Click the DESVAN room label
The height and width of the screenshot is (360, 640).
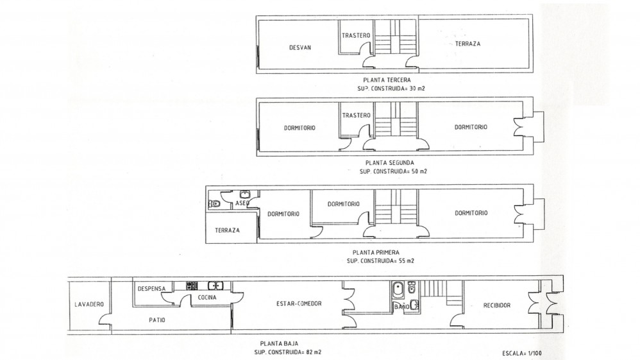coord(300,47)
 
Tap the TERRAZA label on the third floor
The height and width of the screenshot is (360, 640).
coord(467,43)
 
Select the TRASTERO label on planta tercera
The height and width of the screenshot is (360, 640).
coord(356,35)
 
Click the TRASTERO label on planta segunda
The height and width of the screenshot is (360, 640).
coord(356,116)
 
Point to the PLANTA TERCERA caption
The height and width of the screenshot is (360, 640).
coord(387,80)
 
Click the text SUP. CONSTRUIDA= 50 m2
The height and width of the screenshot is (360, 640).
coord(393,171)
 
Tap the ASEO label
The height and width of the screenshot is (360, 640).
coord(242,203)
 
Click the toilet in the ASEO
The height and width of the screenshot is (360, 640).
coord(215,203)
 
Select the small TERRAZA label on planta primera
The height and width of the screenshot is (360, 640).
coord(228,230)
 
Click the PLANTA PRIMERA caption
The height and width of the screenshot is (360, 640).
coord(376,253)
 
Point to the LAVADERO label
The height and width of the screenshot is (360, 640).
coord(89,304)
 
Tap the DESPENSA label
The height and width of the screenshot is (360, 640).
coord(151,289)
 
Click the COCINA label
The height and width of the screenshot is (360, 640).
coord(207,298)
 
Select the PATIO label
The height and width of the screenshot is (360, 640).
coord(157,320)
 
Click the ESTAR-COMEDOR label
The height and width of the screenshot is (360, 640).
coord(299,304)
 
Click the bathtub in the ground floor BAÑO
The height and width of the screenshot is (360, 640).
coord(397,291)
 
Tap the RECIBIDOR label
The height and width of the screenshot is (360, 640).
coord(497,305)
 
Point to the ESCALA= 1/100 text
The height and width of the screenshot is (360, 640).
coord(522,354)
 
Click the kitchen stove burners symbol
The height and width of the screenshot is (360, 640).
coord(192,286)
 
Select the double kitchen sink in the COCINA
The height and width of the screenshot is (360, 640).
coord(215,286)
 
